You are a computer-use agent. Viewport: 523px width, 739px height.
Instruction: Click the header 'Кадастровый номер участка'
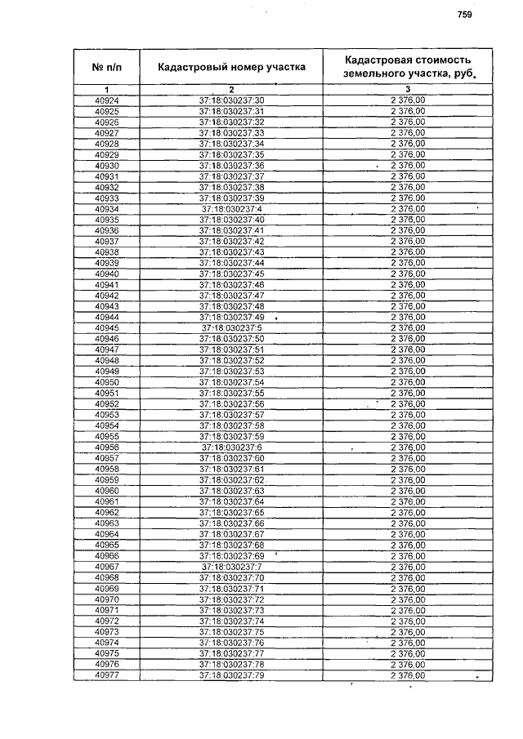coord(232,67)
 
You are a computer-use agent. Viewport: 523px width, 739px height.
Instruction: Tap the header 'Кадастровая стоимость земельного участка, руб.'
coord(408,67)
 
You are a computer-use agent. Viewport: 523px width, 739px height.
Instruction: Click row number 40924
coord(107,100)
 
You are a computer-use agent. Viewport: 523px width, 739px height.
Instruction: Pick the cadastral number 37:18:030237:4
coord(232,209)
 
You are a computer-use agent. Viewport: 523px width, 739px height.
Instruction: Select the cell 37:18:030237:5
coord(232,328)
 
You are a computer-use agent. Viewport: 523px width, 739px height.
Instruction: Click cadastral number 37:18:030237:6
coord(232,447)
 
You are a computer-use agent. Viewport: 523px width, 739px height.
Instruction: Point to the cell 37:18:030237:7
coord(232,567)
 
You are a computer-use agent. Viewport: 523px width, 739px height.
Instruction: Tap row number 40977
coord(107,675)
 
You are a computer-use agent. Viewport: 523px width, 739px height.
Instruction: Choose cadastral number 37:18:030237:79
coord(232,675)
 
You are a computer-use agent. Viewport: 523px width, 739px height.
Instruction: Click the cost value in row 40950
coord(408,382)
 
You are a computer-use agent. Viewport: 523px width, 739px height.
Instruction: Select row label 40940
coord(107,274)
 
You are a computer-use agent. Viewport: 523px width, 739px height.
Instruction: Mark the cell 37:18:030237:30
coord(232,100)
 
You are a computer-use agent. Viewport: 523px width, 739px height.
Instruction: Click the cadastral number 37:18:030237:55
coord(232,393)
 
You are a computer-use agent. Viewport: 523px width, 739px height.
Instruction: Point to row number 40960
coord(107,491)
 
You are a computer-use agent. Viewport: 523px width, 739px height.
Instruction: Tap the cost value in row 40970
coord(408,599)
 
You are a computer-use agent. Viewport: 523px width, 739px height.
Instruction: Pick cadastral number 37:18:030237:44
coord(232,263)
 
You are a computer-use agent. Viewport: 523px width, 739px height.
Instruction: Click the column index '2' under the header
coord(232,89)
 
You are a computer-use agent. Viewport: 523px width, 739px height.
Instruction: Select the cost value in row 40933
coord(408,198)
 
